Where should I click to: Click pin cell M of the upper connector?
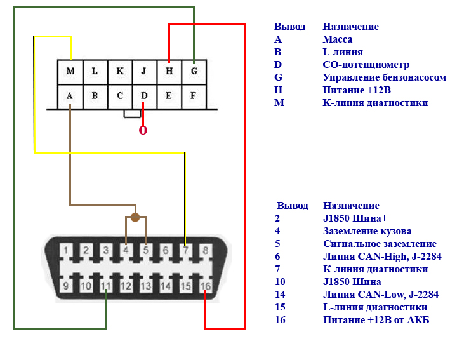click(70, 72)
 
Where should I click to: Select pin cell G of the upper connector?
click(194, 72)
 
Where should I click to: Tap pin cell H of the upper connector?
click(169, 72)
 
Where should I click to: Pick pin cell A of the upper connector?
click(70, 97)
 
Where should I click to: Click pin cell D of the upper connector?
click(144, 97)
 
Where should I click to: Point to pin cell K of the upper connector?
click(119, 72)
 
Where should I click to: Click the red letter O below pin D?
click(143, 131)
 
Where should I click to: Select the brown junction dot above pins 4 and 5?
click(135, 218)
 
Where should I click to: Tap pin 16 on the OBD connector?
click(206, 287)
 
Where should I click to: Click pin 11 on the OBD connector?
click(107, 287)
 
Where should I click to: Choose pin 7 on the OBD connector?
click(185, 250)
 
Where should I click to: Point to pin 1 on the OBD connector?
click(66, 250)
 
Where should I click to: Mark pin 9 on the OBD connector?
click(66, 287)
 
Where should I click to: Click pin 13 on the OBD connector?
click(146, 287)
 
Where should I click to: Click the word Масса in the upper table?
click(337, 39)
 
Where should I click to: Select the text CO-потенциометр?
click(366, 65)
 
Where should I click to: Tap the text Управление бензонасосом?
click(384, 77)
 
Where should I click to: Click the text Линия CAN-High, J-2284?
click(382, 257)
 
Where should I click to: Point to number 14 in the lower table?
click(280, 295)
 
